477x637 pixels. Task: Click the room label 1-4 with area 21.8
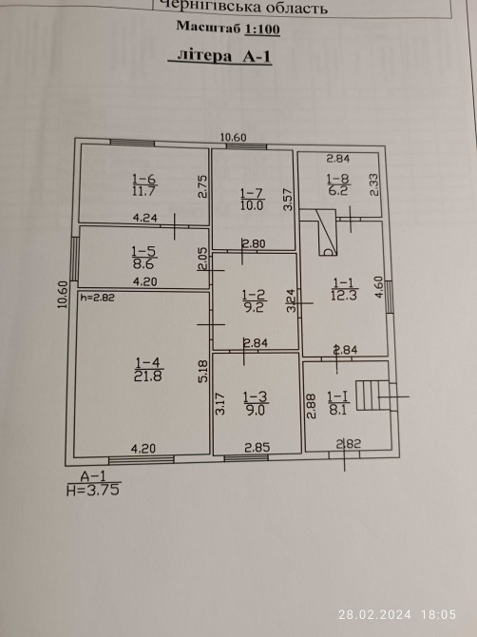click(148, 369)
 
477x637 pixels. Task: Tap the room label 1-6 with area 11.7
click(144, 184)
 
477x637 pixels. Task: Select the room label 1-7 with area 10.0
click(252, 199)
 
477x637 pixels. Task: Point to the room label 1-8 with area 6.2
click(338, 184)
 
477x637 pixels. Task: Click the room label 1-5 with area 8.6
click(144, 258)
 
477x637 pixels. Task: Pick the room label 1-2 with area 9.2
click(253, 300)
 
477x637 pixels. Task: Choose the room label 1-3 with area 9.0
click(255, 403)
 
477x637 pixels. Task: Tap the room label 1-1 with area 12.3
click(344, 289)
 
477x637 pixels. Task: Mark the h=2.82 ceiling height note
click(98, 298)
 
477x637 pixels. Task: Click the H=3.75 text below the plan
click(93, 490)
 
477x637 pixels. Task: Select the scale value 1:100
click(262, 29)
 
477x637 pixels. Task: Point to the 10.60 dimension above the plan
click(233, 138)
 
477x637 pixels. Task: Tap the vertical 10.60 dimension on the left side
click(62, 295)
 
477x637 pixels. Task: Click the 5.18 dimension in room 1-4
click(203, 371)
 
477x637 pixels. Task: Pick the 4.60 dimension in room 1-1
click(379, 287)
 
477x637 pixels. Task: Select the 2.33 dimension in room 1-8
click(373, 184)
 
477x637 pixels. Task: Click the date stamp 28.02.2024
click(374, 614)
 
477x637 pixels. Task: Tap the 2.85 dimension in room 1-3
click(257, 447)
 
